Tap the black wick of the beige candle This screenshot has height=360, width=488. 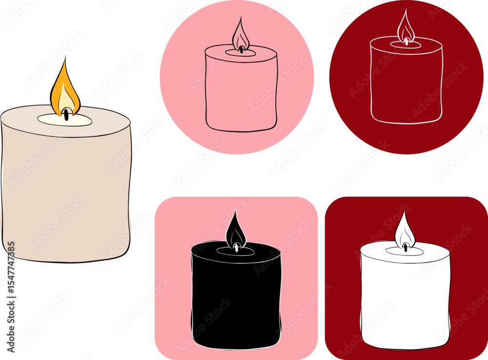(66, 114)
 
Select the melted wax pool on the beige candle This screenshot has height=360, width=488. (65, 120)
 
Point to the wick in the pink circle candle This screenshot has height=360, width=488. (241, 49)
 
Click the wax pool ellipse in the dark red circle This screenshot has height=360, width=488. (406, 45)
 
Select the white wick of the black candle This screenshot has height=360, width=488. (237, 248)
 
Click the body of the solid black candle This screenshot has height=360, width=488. (236, 299)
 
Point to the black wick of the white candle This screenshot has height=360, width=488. (405, 248)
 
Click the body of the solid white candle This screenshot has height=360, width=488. (405, 299)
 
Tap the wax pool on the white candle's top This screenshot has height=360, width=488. (405, 251)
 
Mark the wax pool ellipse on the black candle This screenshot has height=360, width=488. (236, 252)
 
